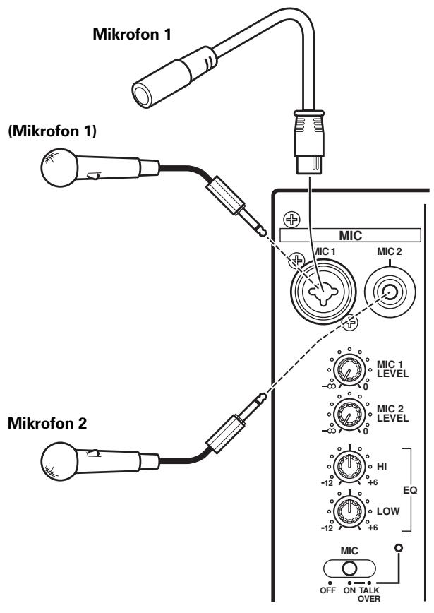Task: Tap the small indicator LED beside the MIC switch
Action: (401, 549)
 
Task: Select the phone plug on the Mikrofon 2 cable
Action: (234, 427)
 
